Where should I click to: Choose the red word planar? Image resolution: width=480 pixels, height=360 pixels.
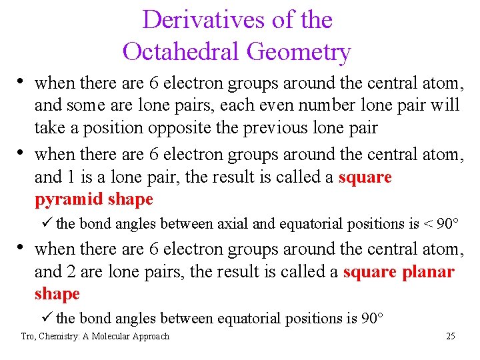point(428,271)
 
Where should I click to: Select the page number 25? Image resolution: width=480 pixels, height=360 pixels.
point(450,337)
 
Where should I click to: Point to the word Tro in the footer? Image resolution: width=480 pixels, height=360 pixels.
point(28,337)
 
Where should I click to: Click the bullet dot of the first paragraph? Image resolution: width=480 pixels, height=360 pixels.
point(23,83)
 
